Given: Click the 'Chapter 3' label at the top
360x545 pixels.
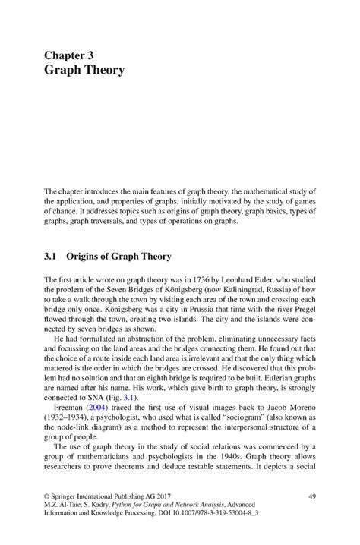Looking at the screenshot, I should coord(73,55).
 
